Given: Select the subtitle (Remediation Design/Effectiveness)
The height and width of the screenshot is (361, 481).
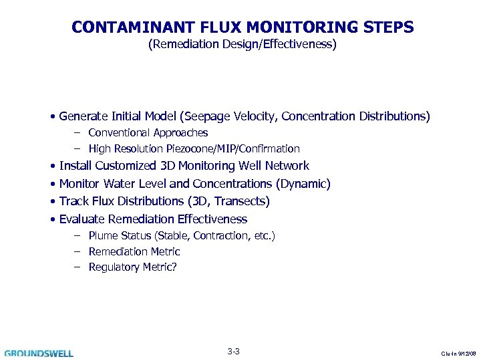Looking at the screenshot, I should [242, 45].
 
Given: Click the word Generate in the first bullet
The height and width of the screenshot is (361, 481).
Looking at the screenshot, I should [84, 116].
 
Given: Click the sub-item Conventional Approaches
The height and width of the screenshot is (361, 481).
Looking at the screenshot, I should [148, 133].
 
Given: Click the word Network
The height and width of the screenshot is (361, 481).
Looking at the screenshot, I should [287, 166].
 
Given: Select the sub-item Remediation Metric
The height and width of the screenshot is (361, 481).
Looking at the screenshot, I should [134, 252].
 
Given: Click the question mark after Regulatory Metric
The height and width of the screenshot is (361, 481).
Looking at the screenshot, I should [175, 267].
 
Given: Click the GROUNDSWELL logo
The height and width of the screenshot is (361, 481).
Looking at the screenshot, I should [39, 353].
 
